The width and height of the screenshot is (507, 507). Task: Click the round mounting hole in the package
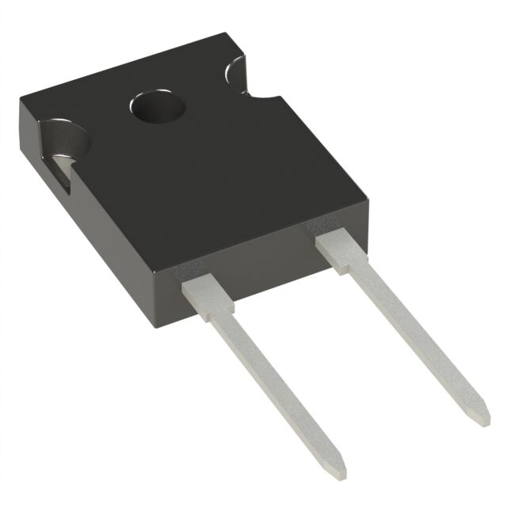click(152, 107)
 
